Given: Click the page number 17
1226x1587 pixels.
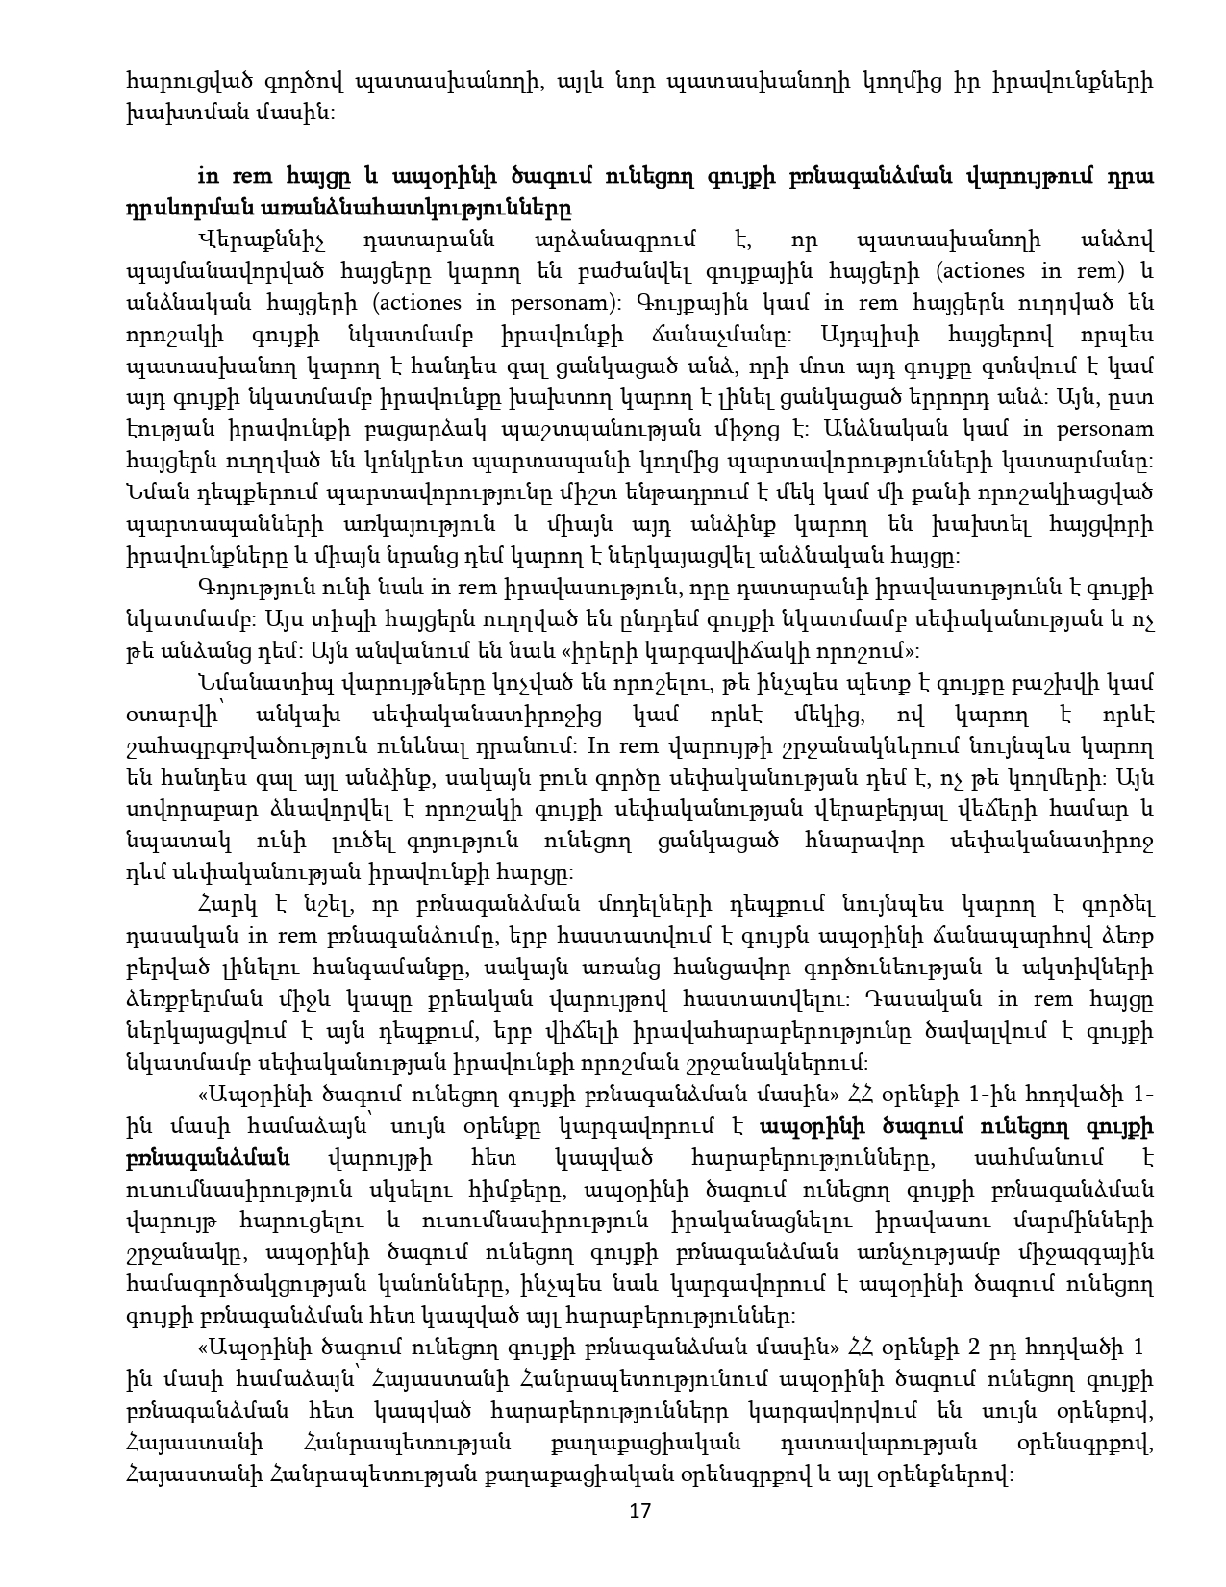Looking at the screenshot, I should pyautogui.click(x=639, y=1511).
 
